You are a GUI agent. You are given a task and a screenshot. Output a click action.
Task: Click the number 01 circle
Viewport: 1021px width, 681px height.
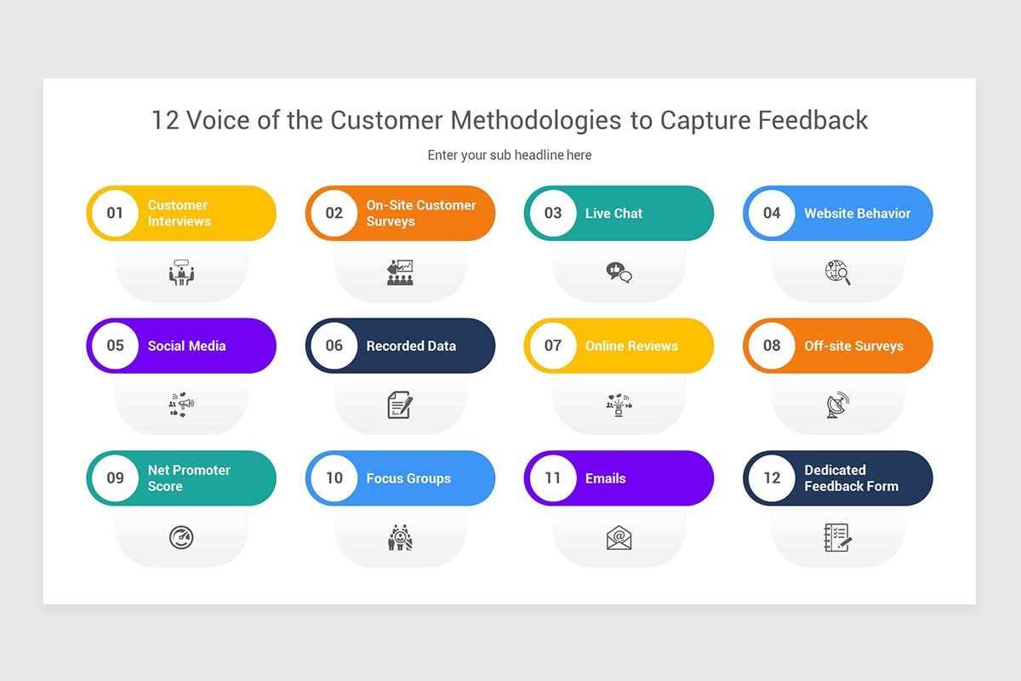coord(115,213)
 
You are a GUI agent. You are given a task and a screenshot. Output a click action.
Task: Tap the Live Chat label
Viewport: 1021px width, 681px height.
coord(613,213)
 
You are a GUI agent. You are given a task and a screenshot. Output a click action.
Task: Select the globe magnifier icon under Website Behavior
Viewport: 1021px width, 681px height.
coord(837,272)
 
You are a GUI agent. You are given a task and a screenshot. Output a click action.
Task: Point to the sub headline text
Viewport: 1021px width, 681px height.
coord(510,155)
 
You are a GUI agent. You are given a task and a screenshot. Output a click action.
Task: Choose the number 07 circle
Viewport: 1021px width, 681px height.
coord(553,346)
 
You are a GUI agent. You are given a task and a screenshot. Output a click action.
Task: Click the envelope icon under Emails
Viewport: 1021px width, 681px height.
coord(619,538)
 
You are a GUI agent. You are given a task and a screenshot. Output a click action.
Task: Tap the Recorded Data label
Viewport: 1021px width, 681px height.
coord(411,346)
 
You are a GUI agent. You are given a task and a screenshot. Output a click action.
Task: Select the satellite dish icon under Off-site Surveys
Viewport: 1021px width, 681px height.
coord(837,405)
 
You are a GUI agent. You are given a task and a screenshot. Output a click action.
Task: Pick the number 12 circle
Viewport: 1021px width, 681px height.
coord(772,478)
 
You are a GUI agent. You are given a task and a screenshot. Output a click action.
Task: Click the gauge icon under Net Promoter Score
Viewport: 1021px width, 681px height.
coord(181,538)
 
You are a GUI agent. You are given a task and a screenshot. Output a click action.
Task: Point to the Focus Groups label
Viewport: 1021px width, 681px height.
coord(408,478)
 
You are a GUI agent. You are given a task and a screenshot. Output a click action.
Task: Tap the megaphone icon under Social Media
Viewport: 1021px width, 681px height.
coord(181,405)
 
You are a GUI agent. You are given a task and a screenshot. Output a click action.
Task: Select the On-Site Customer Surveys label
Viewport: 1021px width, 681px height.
coord(421,213)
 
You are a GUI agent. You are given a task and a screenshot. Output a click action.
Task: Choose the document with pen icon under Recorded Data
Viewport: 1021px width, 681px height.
coord(400,405)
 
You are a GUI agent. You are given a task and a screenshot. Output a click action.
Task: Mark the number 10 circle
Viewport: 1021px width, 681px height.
coord(334,478)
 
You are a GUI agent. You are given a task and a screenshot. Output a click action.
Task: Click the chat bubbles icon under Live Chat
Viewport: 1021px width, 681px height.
coord(619,272)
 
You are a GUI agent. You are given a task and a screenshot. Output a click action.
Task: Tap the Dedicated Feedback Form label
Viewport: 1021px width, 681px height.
coord(851,478)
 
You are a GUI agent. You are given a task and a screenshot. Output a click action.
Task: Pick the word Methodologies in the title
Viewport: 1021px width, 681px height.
coord(536,120)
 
